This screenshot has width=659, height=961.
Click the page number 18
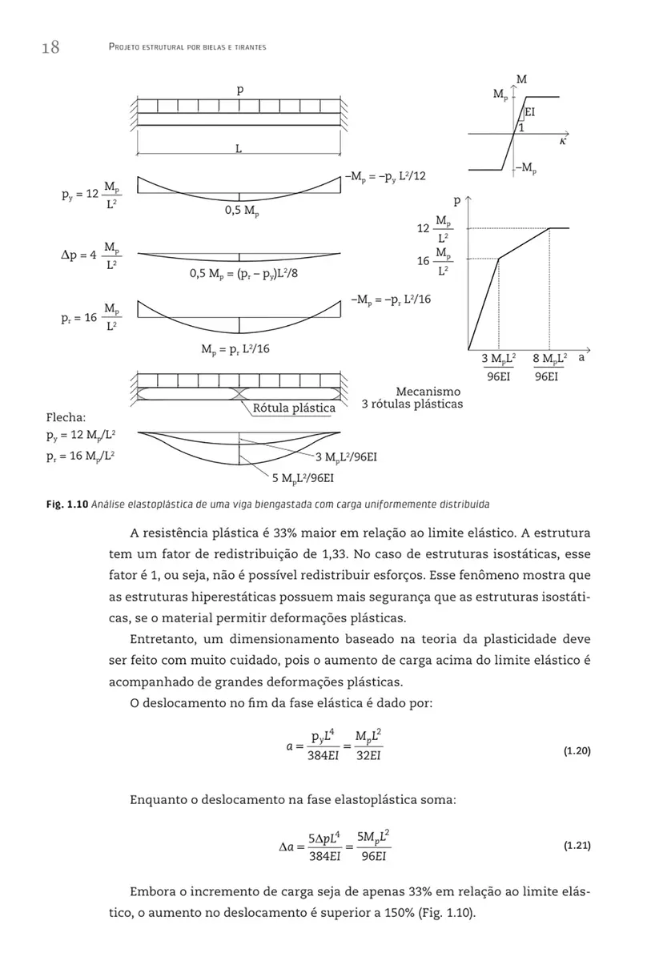(x=50, y=47)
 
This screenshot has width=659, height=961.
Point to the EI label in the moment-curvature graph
(x=530, y=114)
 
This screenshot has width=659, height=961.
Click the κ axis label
(x=564, y=141)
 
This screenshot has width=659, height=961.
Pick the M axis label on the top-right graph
(x=522, y=79)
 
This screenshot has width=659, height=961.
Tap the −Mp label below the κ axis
(x=524, y=167)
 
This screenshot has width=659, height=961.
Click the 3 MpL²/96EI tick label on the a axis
(x=498, y=365)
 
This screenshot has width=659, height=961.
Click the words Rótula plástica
(x=294, y=408)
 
